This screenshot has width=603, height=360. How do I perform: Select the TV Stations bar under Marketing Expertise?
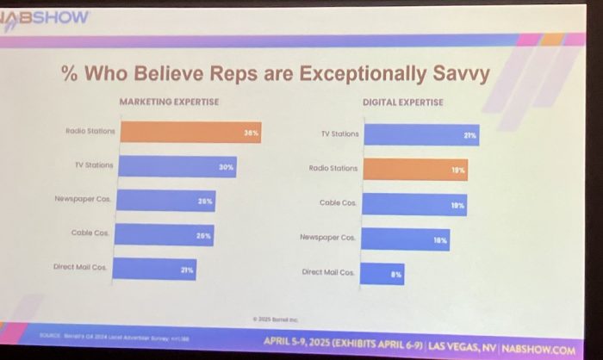click(177, 166)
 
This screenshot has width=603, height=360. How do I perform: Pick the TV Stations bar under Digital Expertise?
click(420, 135)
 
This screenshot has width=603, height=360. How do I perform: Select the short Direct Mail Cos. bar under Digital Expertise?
click(382, 273)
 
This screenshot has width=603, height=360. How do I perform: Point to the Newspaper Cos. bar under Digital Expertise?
click(405, 239)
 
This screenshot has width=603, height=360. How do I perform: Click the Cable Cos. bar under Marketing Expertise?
click(165, 234)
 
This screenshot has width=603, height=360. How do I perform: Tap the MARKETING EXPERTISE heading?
click(169, 102)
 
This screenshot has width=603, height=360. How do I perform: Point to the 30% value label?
click(226, 167)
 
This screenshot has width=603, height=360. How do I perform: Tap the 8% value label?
click(395, 274)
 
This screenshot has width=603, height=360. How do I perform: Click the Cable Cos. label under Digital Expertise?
click(337, 202)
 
